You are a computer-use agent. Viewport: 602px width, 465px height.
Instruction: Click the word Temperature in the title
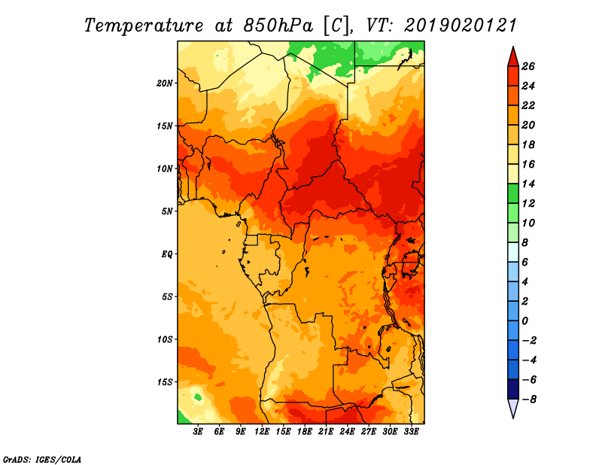point(144,26)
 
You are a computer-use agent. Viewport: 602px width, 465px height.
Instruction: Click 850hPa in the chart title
point(278,26)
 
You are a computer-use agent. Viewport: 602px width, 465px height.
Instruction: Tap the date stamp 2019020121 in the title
point(460,26)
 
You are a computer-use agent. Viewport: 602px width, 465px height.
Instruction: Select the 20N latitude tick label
point(165,84)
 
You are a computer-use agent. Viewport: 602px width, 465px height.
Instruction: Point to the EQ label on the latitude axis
point(166,254)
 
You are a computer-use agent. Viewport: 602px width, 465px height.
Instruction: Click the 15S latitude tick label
point(165,382)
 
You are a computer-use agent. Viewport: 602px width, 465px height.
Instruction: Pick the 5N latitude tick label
point(167,211)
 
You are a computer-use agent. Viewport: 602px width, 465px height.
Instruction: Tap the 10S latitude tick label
point(165,339)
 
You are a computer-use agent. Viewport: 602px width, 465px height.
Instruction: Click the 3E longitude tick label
point(198,431)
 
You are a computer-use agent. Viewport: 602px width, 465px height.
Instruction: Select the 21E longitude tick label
point(326,431)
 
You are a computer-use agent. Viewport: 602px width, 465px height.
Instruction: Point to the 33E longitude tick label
point(411,431)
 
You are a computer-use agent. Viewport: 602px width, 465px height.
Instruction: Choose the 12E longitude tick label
point(262,431)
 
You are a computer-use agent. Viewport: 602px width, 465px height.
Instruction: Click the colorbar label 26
point(528,66)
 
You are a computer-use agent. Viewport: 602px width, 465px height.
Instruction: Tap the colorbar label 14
point(528,184)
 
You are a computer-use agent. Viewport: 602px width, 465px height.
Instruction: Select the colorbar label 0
point(524,321)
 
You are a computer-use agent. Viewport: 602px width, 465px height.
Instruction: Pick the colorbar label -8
point(529,400)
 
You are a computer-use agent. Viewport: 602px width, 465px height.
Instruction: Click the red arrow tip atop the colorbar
point(513,47)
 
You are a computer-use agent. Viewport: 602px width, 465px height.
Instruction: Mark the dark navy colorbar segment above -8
point(513,389)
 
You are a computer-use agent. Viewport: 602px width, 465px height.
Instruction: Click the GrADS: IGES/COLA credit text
point(42,460)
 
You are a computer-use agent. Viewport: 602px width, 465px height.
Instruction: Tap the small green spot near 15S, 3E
point(198,397)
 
